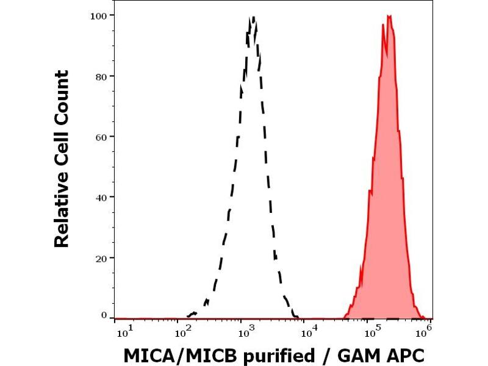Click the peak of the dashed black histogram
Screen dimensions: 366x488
point(253,18)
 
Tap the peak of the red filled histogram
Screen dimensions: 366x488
point(389,16)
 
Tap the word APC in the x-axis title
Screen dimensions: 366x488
point(401,355)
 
